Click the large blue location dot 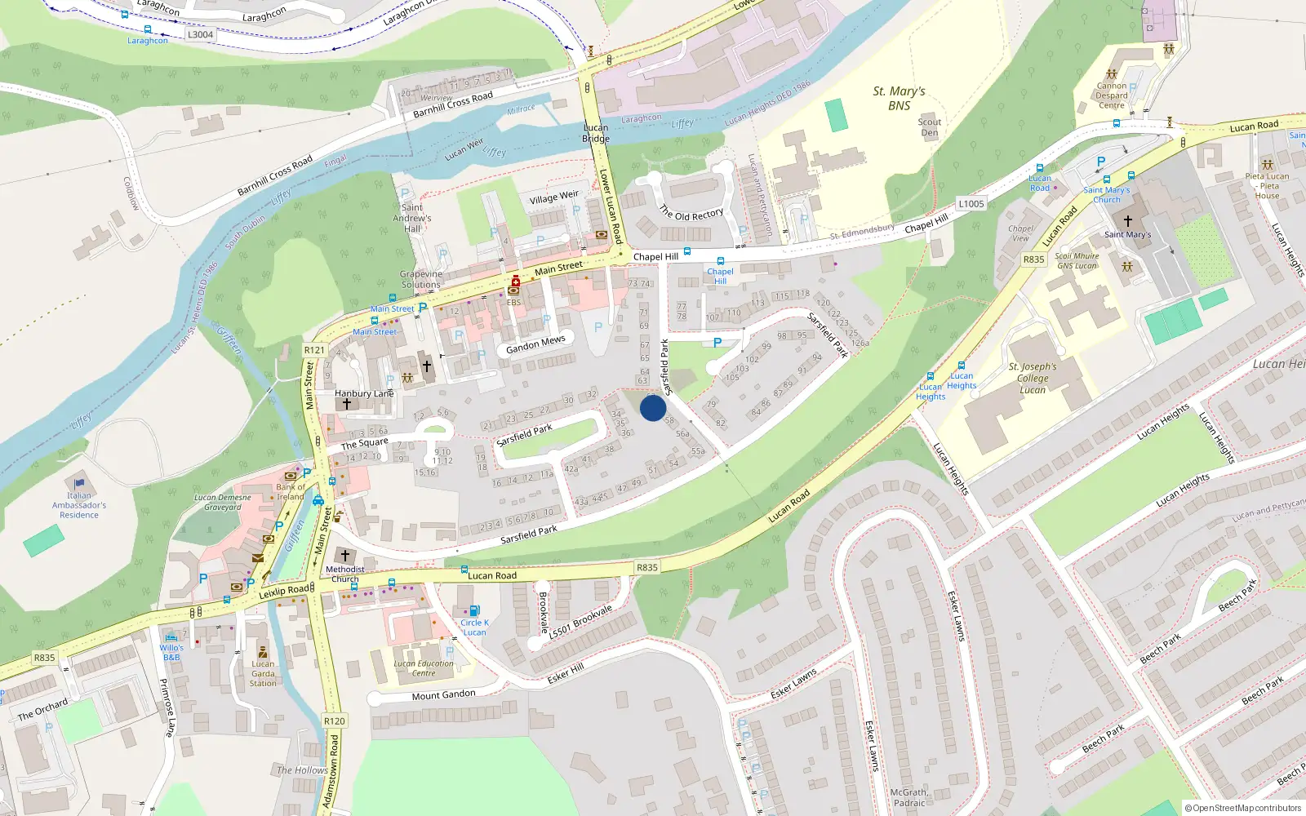click(653, 408)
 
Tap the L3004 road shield click(200, 34)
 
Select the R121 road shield click(314, 350)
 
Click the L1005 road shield click(971, 204)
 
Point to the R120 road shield click(335, 721)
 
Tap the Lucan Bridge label click(596, 133)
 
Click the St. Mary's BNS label click(899, 98)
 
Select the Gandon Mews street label click(535, 344)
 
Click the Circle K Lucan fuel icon click(474, 611)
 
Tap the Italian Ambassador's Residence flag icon click(79, 483)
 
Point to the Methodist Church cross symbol click(345, 556)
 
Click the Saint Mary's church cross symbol click(1128, 220)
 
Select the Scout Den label click(929, 127)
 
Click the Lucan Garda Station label click(263, 673)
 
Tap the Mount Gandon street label click(443, 695)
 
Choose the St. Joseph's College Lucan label click(1033, 378)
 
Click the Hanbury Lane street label click(364, 393)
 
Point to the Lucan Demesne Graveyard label click(223, 502)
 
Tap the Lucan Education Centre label click(424, 668)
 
